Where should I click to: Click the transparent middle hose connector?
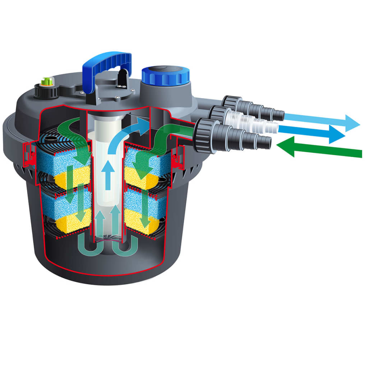click(x=252, y=122)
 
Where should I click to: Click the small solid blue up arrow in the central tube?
click(x=107, y=174)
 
